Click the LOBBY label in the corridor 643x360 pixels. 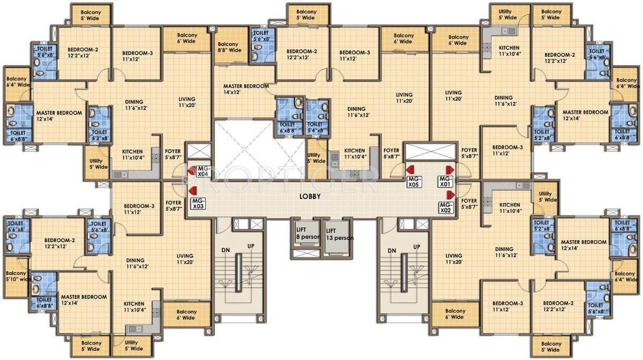tap(310, 197)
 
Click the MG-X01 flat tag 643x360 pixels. tap(445, 181)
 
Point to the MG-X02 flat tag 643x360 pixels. tap(445, 207)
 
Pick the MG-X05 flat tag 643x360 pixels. tap(413, 181)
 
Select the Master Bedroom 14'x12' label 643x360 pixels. tap(242, 89)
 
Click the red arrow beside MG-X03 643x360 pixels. tap(191, 190)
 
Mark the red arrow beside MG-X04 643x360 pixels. tap(190, 170)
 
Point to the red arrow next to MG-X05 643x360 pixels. tap(409, 170)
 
